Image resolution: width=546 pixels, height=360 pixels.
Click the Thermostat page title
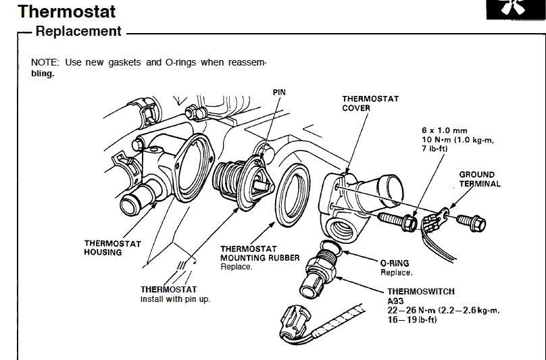[67, 11]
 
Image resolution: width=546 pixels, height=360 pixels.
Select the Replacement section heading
[78, 31]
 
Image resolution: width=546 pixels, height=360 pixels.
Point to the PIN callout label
[279, 91]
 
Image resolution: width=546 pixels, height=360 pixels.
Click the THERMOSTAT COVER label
[370, 103]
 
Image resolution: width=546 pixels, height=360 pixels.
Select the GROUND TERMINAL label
[480, 179]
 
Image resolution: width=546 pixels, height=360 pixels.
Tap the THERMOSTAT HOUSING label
[113, 248]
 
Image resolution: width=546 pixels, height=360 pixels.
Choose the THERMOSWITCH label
[421, 292]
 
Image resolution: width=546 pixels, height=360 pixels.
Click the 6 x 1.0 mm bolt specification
[443, 129]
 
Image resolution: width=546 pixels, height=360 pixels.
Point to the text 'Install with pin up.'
[175, 299]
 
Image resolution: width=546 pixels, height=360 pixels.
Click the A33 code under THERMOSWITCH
[395, 301]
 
